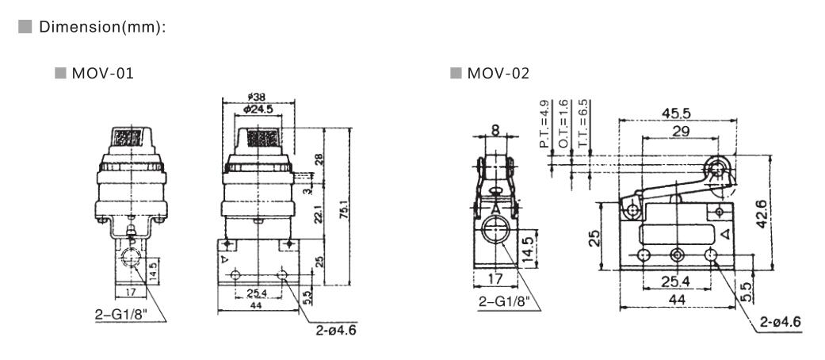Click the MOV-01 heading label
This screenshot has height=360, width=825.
click(x=102, y=73)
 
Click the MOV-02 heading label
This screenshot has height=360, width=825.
click(x=498, y=73)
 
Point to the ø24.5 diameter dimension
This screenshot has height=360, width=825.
click(x=258, y=109)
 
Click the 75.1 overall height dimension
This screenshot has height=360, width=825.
click(x=343, y=207)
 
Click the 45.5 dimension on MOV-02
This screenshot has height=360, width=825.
click(x=676, y=113)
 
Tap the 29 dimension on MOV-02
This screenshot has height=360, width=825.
click(x=680, y=131)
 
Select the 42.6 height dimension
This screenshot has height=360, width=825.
click(x=762, y=212)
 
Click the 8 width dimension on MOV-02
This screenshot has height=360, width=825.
click(x=495, y=129)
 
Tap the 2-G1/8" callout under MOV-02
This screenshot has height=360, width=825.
click(x=503, y=301)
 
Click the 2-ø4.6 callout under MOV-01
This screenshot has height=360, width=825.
click(x=336, y=331)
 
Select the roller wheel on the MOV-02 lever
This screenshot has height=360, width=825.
click(x=716, y=170)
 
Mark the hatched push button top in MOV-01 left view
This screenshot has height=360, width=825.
click(x=127, y=139)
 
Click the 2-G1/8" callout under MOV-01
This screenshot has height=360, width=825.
click(x=121, y=315)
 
